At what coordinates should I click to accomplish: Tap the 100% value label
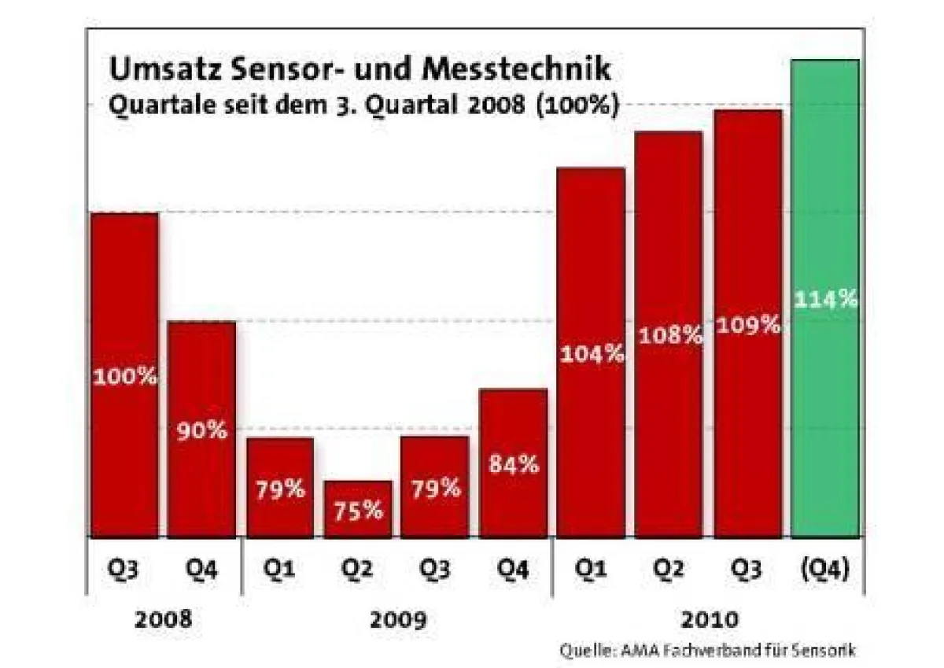125,377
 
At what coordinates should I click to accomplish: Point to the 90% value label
201,431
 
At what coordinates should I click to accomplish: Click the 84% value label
514,464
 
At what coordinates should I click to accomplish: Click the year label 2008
163,619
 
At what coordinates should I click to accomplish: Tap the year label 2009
397,620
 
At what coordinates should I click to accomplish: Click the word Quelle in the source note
581,651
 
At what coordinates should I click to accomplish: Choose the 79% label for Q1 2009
280,489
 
